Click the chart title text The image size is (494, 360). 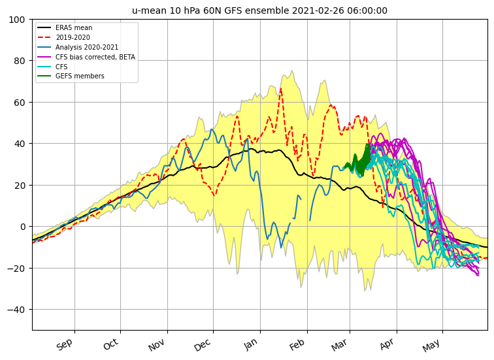pos(259,10)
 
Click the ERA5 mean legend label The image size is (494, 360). pos(74,27)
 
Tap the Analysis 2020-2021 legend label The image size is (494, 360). pos(87,47)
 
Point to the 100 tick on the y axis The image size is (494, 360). pos(17,20)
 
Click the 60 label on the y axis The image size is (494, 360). pos(20,103)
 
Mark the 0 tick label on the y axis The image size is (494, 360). pos(22,227)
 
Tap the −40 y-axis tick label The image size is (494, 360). pos(16,310)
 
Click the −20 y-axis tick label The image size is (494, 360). pos(16,269)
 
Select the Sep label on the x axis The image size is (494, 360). pos(65,344)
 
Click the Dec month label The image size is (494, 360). pos(203,344)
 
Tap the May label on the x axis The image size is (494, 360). pos(432,345)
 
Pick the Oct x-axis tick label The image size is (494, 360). pos(111,344)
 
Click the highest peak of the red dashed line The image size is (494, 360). pos(281,89)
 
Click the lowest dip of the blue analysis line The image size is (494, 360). pos(281,247)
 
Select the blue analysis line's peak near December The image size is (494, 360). pos(212,129)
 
